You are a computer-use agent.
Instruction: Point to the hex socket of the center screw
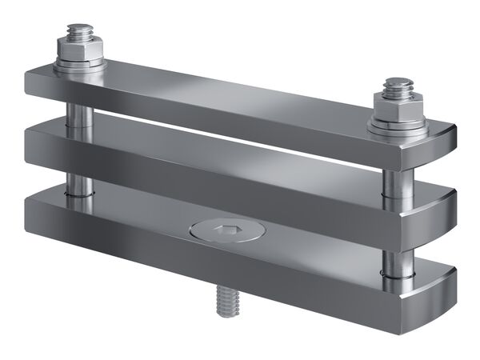pos(226,233)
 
